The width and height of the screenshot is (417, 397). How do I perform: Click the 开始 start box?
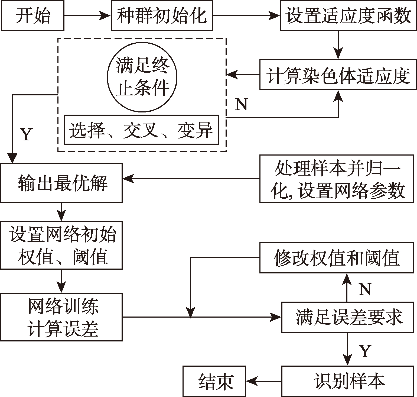click(x=32, y=16)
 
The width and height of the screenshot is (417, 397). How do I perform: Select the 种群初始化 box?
click(x=162, y=16)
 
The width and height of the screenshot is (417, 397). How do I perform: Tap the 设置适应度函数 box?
click(x=348, y=16)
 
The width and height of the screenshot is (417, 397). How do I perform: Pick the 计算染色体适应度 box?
click(x=338, y=75)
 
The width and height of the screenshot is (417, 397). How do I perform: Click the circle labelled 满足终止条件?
click(x=142, y=77)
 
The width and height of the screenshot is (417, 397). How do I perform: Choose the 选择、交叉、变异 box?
click(x=141, y=130)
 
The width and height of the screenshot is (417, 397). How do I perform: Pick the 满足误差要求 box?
click(x=349, y=317)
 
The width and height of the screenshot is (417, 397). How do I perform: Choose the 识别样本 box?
click(x=349, y=381)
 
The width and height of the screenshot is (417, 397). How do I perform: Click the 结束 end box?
click(x=214, y=381)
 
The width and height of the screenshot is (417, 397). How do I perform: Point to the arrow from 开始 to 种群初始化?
click(x=87, y=16)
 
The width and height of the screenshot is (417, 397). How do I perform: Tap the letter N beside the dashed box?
click(x=241, y=104)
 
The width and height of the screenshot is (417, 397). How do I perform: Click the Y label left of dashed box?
click(x=26, y=134)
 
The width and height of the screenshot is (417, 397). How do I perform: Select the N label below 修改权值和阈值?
click(x=365, y=289)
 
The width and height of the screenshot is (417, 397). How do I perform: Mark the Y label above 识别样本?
click(x=365, y=351)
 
